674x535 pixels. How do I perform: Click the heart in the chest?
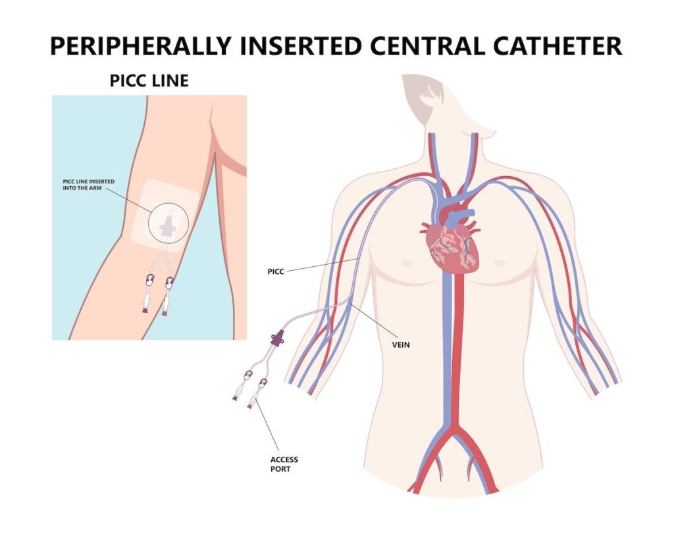tap(450, 250)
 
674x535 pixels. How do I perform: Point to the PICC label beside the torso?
tap(276, 271)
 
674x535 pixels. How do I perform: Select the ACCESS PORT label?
tap(284, 464)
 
